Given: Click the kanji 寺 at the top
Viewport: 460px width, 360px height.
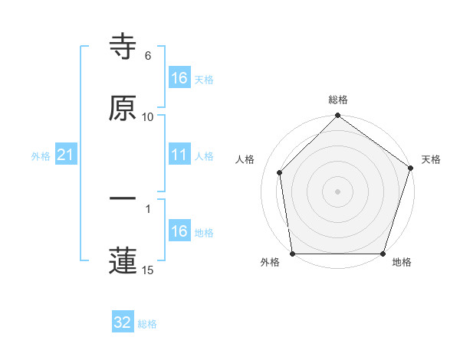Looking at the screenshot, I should coord(123,47).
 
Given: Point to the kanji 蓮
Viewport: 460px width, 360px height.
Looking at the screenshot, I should coord(123,260).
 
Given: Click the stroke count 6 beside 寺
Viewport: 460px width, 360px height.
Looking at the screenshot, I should coord(148,56).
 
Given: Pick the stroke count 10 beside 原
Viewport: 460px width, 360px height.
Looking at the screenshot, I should coord(148,116).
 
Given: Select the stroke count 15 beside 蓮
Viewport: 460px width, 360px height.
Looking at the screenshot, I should coord(148,270).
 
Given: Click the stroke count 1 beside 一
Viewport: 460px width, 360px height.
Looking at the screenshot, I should coord(148,208).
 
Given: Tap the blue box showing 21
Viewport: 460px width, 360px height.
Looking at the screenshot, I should coord(66,155).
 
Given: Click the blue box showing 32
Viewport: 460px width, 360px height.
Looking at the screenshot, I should coord(123,322).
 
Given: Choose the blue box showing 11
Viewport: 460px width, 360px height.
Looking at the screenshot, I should coord(179,155).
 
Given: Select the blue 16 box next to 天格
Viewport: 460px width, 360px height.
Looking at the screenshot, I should coord(179,78).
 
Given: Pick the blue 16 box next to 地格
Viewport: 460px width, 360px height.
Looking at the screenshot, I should coord(179,231).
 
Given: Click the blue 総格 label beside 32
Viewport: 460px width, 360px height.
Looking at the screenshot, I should coord(147,324).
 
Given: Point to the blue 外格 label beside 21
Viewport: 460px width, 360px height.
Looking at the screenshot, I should coord(41,156).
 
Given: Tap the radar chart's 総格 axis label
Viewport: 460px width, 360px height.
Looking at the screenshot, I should coord(338,100).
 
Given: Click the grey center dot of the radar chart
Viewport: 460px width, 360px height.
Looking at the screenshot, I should coord(337,191).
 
